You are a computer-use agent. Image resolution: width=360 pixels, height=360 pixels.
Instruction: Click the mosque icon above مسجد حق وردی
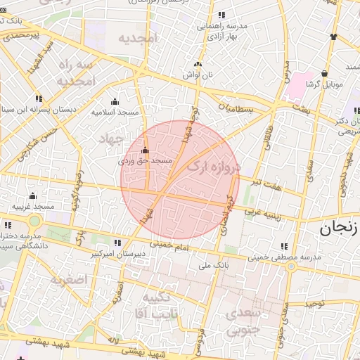tap(146, 150)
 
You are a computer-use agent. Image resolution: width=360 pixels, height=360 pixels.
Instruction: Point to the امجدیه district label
tap(137, 38)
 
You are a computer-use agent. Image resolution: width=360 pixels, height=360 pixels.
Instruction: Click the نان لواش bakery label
tap(198, 74)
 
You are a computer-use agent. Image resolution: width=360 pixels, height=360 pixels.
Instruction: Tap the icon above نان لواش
tap(198, 64)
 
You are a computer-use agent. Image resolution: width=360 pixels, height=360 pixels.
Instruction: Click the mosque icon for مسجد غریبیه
tap(32, 196)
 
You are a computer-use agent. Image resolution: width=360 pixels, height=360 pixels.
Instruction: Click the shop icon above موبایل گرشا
tap(324, 73)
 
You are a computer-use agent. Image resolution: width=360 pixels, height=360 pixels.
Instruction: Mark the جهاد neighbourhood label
tap(112, 136)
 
